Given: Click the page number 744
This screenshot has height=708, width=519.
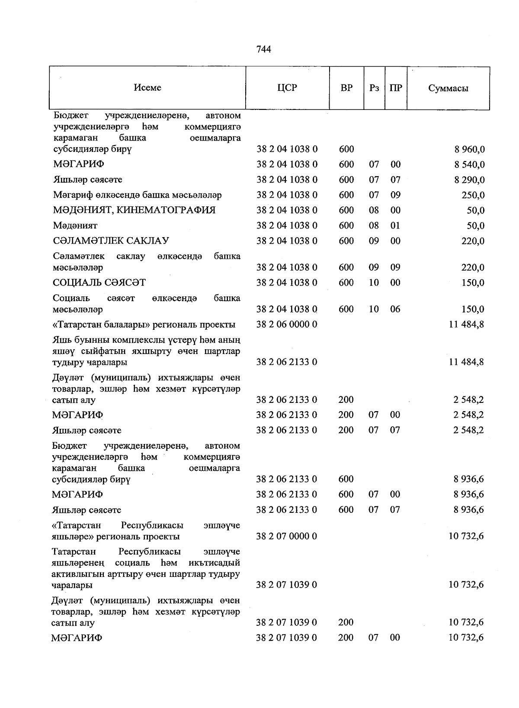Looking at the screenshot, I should [263, 49].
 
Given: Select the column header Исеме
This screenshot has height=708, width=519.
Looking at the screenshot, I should [147, 87].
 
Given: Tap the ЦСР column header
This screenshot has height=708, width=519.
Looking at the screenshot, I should [287, 88].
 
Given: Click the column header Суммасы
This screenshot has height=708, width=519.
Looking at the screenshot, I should [448, 88].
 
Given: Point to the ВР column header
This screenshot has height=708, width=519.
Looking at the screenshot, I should [346, 88].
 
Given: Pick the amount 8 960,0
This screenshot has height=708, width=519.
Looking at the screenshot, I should [469, 150].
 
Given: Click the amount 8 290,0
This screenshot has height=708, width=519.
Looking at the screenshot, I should [469, 180].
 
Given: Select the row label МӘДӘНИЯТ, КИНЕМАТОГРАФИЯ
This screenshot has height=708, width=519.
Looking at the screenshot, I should [134, 210].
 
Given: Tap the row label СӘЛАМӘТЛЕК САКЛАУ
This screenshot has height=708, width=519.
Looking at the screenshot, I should [111, 241].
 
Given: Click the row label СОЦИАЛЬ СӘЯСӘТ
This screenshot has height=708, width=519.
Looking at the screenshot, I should [99, 283].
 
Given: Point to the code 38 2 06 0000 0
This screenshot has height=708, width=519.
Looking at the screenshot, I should [287, 324].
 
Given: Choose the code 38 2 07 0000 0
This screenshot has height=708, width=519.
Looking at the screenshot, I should [286, 536].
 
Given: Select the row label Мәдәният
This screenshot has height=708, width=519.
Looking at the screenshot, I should [75, 225].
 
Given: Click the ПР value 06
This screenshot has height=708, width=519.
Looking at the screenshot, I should [395, 309].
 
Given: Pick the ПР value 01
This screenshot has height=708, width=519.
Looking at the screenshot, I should [395, 225].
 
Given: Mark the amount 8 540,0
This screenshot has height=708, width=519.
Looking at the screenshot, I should [469, 165].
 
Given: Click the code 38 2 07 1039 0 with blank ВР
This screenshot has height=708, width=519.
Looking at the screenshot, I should [286, 585].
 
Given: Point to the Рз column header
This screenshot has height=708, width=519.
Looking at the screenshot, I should [374, 88].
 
